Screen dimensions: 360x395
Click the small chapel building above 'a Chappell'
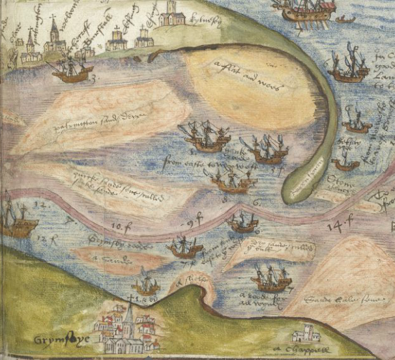click(306, 335)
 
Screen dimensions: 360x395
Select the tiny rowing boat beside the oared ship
click(345, 20)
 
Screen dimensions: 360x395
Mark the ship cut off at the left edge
click(16, 221)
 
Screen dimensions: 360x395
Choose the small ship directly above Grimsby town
click(146, 285)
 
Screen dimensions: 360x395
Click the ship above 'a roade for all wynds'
click(271, 279)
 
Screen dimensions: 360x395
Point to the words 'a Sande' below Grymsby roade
click(104, 260)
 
